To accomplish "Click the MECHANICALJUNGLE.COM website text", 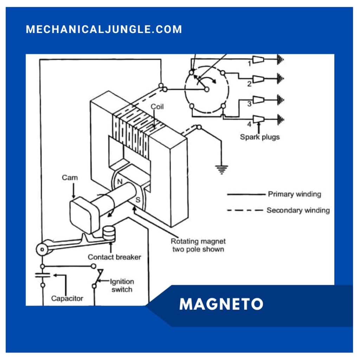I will [104, 29].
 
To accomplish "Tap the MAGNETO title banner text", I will [221, 304].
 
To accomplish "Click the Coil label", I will [157, 107].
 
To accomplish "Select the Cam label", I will [70, 178].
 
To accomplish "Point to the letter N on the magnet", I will [120, 182].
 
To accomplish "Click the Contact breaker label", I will [114, 257].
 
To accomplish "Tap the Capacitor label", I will [67, 298].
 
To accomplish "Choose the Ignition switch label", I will [122, 285].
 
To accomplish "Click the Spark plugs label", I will [260, 137].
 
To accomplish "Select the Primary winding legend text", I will [294, 194].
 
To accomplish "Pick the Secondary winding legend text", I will [298, 210].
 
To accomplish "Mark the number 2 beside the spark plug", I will [249, 84].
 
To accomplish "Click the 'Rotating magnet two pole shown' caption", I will [198, 245].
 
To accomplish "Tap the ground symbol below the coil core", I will [221, 170].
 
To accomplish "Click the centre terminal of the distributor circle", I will [207, 89].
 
